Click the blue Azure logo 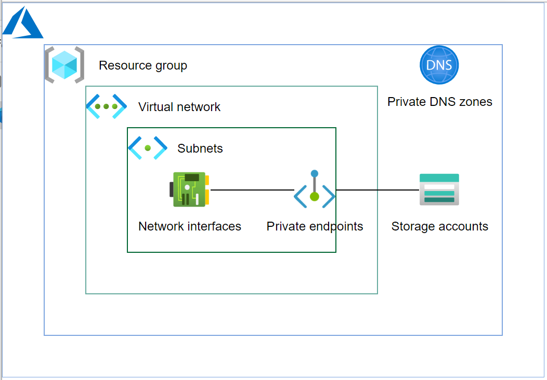(x=23, y=24)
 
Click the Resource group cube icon (x=64, y=65)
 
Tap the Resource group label (x=143, y=66)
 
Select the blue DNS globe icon (x=439, y=65)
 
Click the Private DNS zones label (x=439, y=102)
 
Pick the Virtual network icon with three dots (x=106, y=106)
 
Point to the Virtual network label (x=179, y=107)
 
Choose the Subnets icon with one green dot (x=148, y=148)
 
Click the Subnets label (x=200, y=148)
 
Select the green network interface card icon (x=190, y=189)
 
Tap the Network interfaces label (x=190, y=226)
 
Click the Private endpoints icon (x=314, y=191)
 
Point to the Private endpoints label (x=315, y=226)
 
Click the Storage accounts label (x=439, y=226)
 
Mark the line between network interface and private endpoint (x=252, y=190)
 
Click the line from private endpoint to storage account (x=377, y=190)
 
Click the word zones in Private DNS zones (x=475, y=102)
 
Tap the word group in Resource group (x=171, y=66)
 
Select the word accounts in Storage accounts (x=463, y=226)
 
